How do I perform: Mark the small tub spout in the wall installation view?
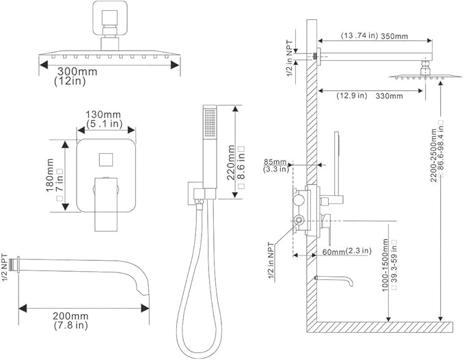pos(336,281)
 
